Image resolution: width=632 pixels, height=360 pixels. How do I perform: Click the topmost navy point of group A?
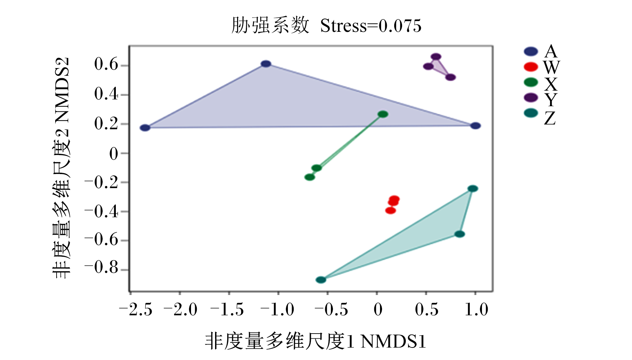[266, 64]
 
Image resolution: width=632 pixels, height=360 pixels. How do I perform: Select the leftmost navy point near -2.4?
[145, 128]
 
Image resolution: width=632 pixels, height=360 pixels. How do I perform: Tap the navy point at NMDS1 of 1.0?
[476, 126]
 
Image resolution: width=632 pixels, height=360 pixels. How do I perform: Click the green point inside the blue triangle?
[383, 114]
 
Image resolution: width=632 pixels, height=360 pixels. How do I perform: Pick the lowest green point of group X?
[310, 177]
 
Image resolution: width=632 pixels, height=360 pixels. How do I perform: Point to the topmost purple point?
[436, 57]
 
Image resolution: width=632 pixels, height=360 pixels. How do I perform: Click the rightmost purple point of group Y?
[450, 77]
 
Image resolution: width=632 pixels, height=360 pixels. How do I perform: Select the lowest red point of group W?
[391, 211]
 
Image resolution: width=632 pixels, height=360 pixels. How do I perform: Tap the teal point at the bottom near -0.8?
[321, 280]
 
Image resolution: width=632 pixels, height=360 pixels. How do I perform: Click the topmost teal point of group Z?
[473, 189]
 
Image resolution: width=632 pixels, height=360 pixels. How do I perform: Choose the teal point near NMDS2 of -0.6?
[460, 234]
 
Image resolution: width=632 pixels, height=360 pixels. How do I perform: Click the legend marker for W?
[531, 67]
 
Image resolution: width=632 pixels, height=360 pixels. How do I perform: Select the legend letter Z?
[550, 119]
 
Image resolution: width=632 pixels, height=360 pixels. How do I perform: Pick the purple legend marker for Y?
[531, 98]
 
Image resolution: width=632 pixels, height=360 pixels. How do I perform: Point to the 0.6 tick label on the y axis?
[106, 64]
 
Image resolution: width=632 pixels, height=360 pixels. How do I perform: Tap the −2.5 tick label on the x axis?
[136, 310]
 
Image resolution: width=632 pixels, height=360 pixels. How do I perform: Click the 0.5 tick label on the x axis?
[427, 310]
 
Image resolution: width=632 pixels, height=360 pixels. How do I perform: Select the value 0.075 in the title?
[400, 26]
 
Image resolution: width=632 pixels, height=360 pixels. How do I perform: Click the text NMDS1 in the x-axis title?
[393, 341]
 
